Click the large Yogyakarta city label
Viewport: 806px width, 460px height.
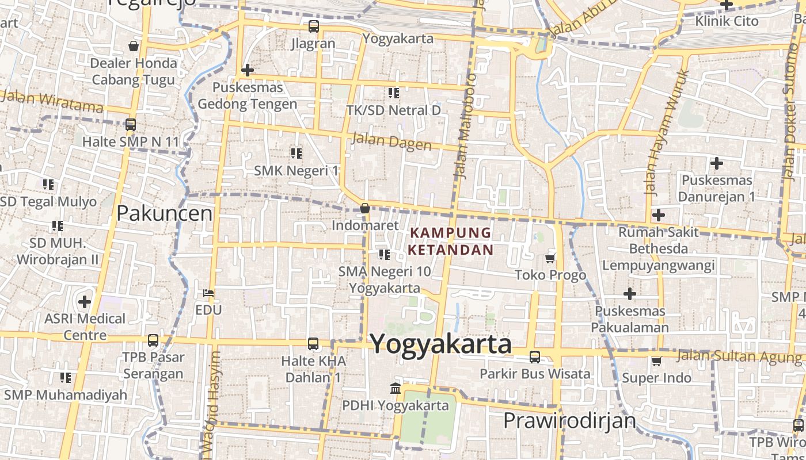440,344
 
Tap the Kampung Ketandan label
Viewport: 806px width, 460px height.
450,241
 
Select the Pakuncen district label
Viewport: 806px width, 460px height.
164,213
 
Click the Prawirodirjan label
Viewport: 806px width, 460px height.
569,420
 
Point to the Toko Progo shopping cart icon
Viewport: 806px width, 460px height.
550,258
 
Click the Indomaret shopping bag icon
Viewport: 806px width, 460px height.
364,208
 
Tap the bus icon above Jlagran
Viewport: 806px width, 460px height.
313,26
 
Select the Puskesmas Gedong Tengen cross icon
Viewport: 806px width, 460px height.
247,70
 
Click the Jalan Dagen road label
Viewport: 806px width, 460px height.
391,141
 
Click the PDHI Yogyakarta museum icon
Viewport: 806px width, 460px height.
396,388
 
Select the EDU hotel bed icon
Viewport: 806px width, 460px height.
208,293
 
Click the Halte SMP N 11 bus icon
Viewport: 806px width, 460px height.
131,124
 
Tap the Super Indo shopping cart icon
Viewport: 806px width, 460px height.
656,361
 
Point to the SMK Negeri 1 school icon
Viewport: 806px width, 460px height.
296,153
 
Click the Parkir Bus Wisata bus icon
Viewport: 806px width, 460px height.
535,357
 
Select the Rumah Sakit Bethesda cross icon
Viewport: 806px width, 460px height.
658,215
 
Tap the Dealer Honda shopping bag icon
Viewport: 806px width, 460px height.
134,46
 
